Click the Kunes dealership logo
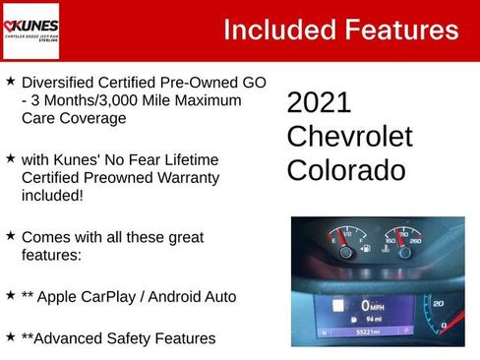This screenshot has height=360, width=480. click(31, 30)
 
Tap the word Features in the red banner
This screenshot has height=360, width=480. click(398, 30)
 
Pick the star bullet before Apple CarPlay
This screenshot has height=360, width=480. click(11, 294)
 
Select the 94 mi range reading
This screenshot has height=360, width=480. click(371, 320)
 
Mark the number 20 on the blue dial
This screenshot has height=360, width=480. click(438, 305)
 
